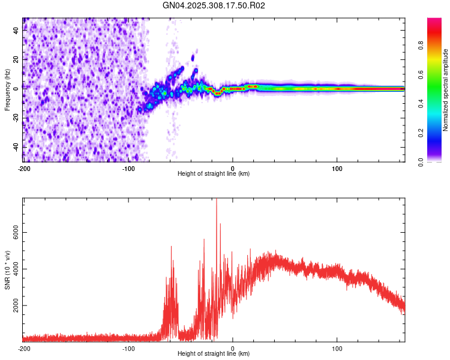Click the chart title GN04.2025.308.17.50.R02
coord(214,5)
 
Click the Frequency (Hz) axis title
coord(7,89)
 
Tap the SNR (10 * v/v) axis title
coord(7,270)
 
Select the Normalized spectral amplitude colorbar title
coord(446,90)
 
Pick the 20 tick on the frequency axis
coord(16,59)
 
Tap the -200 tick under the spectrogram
coord(23,168)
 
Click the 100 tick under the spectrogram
coord(337,168)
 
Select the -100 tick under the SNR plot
coord(128,348)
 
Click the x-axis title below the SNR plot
coord(214,354)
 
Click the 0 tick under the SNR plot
coord(233,348)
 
